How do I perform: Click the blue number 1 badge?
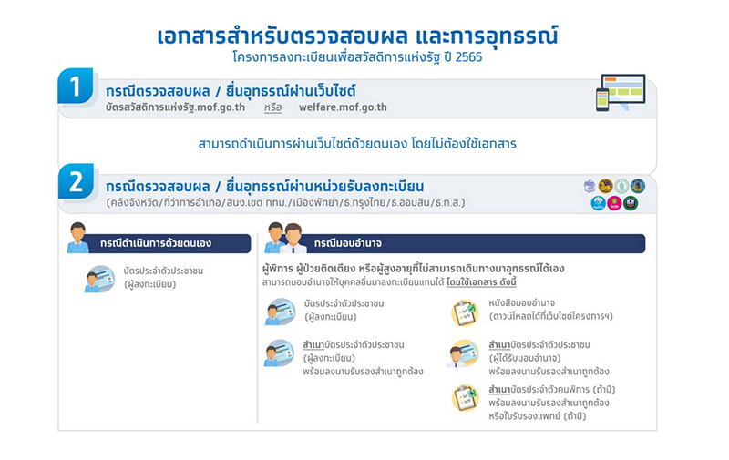pyautogui.click(x=76, y=87)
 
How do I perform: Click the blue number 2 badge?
pyautogui.click(x=76, y=180)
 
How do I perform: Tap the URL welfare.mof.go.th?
pyautogui.click(x=343, y=107)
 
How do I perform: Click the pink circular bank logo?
pyautogui.click(x=614, y=202)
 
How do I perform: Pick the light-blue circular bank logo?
pyautogui.click(x=598, y=202)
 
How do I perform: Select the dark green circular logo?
pyautogui.click(x=630, y=202)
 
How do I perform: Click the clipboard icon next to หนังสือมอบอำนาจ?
pyautogui.click(x=464, y=312)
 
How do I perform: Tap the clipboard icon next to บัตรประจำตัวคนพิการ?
pyautogui.click(x=464, y=398)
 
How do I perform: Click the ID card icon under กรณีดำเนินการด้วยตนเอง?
pyautogui.click(x=99, y=279)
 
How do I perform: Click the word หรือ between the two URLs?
pyautogui.click(x=272, y=107)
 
